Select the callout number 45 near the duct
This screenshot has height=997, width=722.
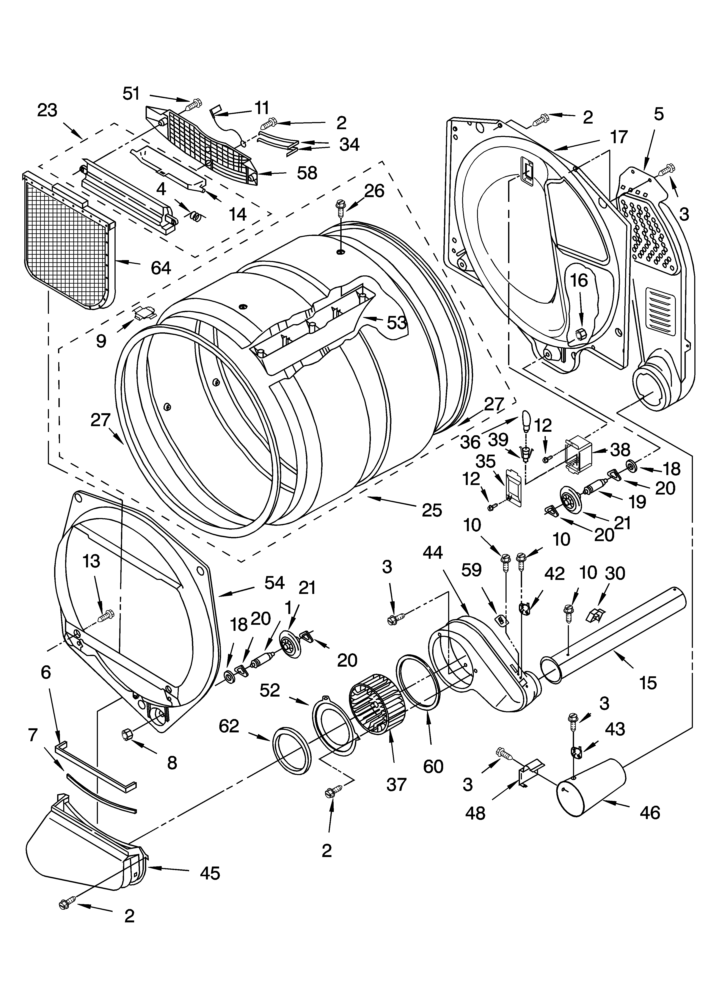pos(210,873)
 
